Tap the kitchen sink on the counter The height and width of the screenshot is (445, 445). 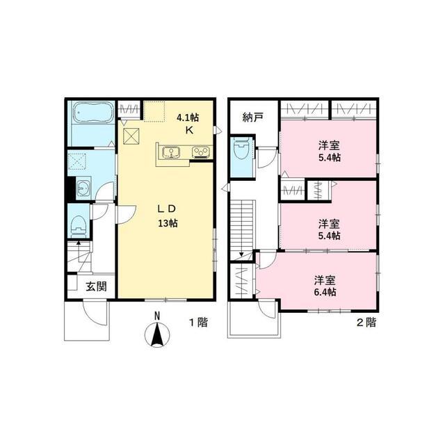[171, 152]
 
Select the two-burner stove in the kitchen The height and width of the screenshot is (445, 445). [200, 152]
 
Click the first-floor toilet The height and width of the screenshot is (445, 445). [79, 225]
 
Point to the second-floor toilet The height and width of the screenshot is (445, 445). [241, 149]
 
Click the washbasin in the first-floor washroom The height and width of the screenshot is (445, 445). [84, 187]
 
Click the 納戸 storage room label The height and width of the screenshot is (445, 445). [253, 118]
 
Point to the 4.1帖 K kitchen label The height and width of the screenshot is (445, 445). [188, 124]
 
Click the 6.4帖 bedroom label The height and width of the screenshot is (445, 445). [325, 286]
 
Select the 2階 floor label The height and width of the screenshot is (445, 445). [366, 322]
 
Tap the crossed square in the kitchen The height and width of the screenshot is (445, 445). [130, 136]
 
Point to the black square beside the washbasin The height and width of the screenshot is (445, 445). [70, 187]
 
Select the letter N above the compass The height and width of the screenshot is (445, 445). [158, 316]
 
